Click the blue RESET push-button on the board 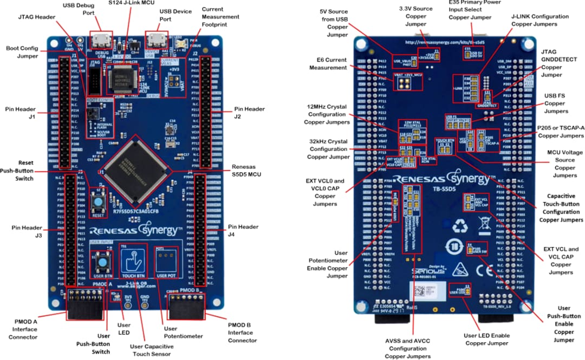pos(99,202)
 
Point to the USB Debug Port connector pos(100,40)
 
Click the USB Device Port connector pos(158,40)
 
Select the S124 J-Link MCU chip pos(125,80)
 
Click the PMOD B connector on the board pos(185,309)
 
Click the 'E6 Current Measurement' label pos(327,63)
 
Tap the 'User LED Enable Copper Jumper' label pos(487,339)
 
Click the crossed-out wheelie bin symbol pos(484,225)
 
